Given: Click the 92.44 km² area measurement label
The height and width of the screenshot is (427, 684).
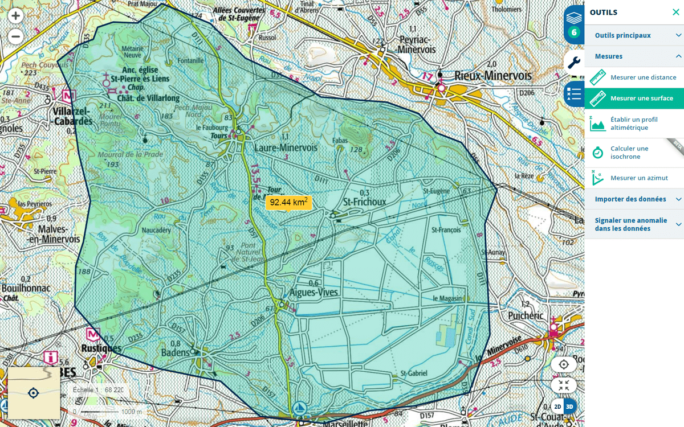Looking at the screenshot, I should [288, 202].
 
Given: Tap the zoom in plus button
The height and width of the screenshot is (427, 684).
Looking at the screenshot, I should [16, 16].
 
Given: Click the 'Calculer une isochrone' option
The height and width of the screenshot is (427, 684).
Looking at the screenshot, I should [633, 153].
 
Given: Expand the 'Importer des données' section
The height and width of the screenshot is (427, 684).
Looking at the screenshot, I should [630, 199].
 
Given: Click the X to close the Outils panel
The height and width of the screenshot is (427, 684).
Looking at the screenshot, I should [675, 13].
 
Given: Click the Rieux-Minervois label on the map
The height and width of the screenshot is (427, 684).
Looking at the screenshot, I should [492, 75].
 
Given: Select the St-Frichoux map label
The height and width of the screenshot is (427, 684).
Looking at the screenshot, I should [365, 202].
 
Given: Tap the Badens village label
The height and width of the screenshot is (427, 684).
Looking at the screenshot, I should [175, 353].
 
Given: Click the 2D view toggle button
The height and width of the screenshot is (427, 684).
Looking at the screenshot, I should [557, 407].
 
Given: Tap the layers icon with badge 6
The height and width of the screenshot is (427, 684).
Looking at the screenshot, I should [574, 24].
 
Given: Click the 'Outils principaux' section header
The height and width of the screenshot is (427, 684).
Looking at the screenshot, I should [622, 35].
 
